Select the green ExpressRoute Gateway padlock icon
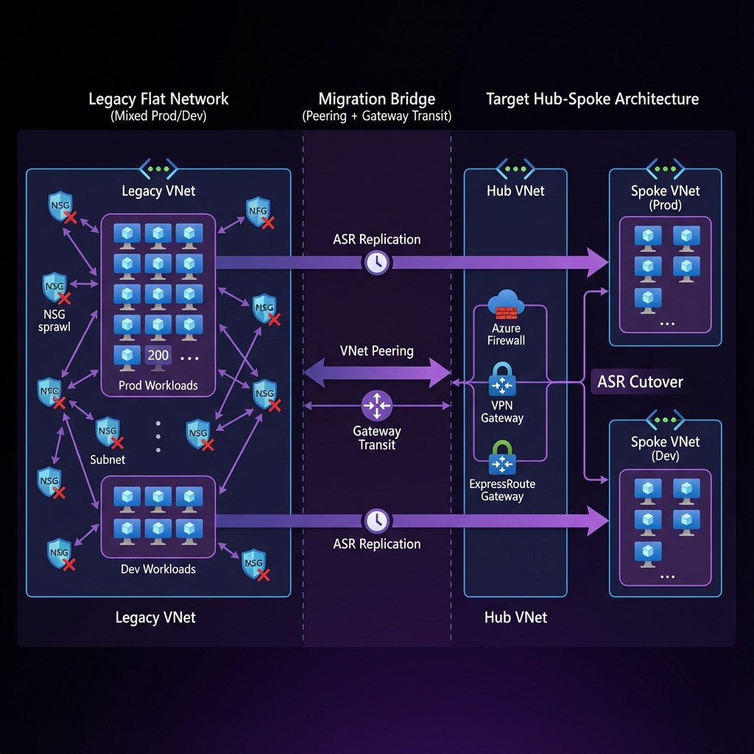(x=502, y=457)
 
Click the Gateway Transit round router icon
(x=377, y=406)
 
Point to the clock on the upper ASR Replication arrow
(x=377, y=262)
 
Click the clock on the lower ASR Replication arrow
(x=377, y=521)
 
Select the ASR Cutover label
(x=640, y=381)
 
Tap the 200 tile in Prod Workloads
(x=158, y=355)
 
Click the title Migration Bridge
(x=377, y=99)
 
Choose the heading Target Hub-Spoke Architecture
(x=592, y=99)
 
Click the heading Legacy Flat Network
(x=158, y=99)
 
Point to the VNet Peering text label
(x=377, y=350)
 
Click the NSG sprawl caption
(x=54, y=320)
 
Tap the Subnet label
(x=108, y=459)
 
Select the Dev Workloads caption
(x=158, y=569)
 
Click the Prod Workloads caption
(x=158, y=385)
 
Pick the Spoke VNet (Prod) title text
(x=666, y=197)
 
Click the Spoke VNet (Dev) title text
(x=666, y=448)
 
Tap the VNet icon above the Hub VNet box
(x=515, y=168)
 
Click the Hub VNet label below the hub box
(x=515, y=617)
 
